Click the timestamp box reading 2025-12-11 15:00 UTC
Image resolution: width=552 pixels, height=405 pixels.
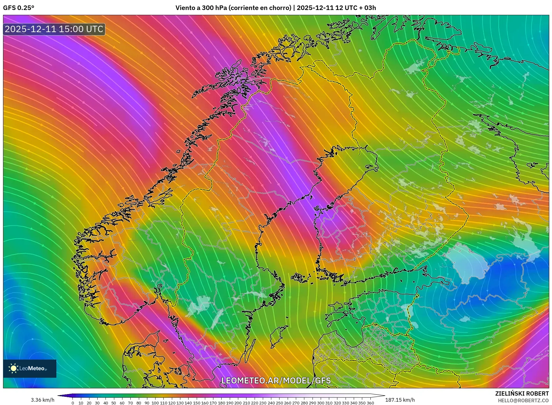click(54, 29)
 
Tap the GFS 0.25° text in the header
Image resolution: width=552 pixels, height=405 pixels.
click(18, 8)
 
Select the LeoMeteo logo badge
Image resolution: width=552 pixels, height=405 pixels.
click(30, 368)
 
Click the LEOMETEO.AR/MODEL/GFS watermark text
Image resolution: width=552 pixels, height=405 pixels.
click(276, 380)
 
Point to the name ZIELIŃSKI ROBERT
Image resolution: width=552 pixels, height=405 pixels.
click(522, 393)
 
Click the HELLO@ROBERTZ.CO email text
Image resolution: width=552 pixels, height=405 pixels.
click(523, 400)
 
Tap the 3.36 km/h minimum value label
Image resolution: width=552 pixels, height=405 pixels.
click(43, 400)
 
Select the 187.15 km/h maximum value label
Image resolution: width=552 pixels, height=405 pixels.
click(400, 400)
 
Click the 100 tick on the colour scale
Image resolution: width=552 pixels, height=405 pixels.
click(155, 403)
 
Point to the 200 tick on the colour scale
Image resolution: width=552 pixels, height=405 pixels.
click(238, 403)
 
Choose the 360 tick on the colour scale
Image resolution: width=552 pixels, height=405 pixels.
click(370, 403)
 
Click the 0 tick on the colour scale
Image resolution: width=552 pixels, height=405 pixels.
click(73, 403)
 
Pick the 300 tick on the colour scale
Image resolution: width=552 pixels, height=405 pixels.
click(321, 403)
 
